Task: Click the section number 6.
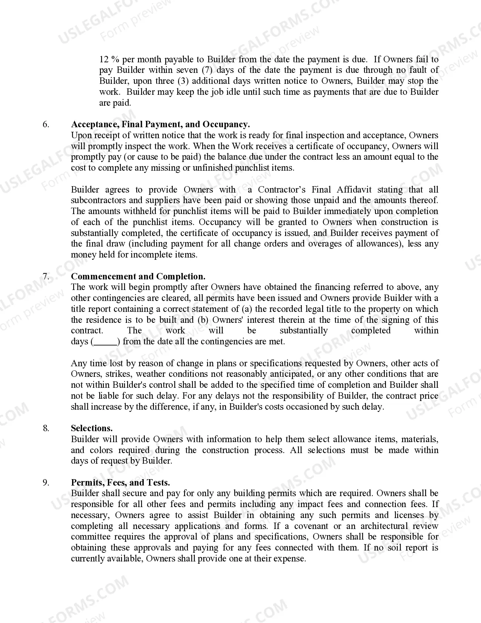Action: (46, 125)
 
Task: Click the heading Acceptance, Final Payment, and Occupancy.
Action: (160, 125)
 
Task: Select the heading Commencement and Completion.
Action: (138, 276)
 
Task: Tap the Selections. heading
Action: (92, 428)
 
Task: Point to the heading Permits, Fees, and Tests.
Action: (120, 483)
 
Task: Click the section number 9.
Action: (46, 483)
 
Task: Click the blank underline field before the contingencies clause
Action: (105, 342)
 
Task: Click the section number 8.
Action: (46, 428)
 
